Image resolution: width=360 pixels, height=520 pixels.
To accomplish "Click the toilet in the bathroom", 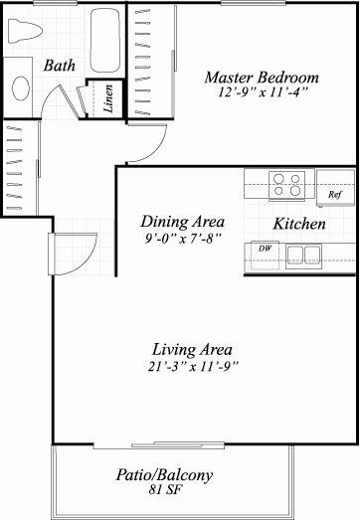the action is (x=25, y=31).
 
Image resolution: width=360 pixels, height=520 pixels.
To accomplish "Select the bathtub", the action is (x=105, y=40).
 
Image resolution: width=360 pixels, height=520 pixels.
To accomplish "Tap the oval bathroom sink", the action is (x=21, y=87).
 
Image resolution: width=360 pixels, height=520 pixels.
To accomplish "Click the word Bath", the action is (x=60, y=66).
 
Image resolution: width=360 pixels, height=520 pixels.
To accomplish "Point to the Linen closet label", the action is (x=108, y=98).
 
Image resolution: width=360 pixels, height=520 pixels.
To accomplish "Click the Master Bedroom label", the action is (x=262, y=78).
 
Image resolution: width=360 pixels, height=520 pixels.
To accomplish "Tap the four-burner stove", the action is (x=287, y=185).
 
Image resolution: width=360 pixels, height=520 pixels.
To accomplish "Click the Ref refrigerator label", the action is (x=335, y=194).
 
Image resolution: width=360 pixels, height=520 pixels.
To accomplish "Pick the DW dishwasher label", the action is (x=266, y=249).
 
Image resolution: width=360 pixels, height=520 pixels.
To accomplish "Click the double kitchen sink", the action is (x=303, y=256).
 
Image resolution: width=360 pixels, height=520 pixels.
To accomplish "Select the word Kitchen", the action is (x=299, y=224).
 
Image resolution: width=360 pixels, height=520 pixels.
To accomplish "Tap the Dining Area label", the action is (x=183, y=222).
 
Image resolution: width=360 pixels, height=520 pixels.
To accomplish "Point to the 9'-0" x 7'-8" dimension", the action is (x=183, y=239).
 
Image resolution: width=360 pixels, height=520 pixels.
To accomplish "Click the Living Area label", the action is (x=192, y=350).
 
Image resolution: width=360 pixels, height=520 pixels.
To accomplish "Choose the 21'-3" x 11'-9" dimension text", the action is (x=193, y=367).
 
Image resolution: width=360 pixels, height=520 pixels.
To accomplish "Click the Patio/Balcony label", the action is (x=164, y=475).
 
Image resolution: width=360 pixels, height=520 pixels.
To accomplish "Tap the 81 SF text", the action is (x=165, y=490).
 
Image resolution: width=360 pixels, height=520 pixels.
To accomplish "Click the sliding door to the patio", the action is (x=159, y=445).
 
